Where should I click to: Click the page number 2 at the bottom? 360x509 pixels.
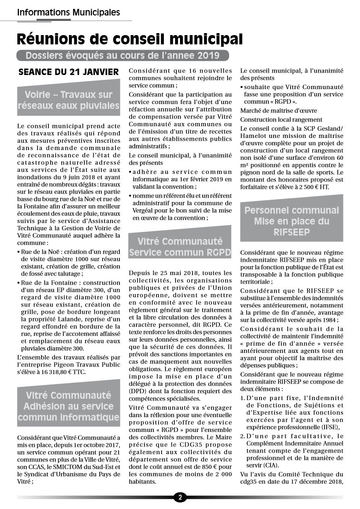point(180,497)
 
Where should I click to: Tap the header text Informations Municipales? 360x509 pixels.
point(68,13)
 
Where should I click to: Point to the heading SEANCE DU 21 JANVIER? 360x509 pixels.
point(69,72)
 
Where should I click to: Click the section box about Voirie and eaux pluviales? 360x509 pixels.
point(69,100)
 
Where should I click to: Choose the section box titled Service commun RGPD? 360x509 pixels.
point(180,247)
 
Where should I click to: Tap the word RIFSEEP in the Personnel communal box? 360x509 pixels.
point(291,232)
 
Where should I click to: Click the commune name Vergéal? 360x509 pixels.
point(145,210)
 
